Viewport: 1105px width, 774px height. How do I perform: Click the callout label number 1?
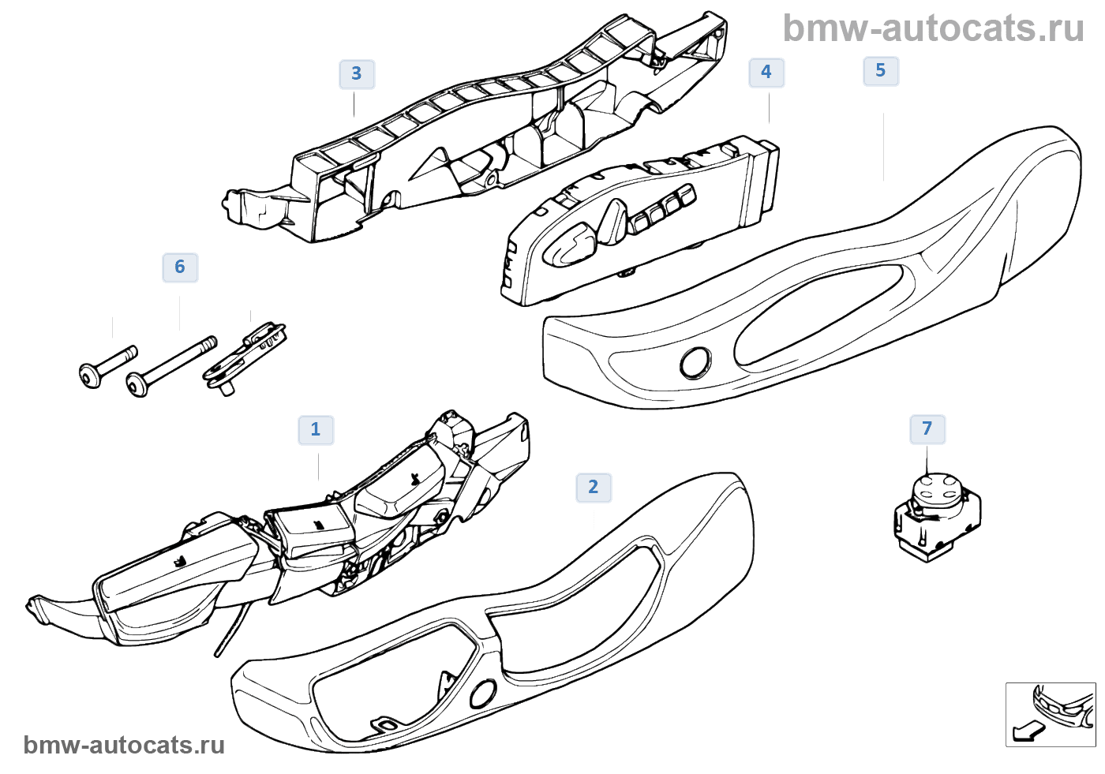click(316, 430)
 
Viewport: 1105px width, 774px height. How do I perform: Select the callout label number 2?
click(594, 488)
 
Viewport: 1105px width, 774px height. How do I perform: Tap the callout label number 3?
click(357, 74)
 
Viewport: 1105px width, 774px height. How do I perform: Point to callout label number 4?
click(766, 73)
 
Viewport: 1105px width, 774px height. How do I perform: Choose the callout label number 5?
click(881, 71)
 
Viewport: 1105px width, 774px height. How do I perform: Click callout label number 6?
click(180, 267)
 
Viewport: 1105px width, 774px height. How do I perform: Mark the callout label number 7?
click(927, 429)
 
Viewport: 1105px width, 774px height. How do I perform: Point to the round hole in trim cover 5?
click(695, 363)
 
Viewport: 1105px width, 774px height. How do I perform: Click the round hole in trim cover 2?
click(482, 694)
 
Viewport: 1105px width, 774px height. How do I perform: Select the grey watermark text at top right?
click(933, 29)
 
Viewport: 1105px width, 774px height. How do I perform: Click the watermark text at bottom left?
click(124, 746)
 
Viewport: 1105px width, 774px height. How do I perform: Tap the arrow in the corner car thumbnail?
click(1027, 731)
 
